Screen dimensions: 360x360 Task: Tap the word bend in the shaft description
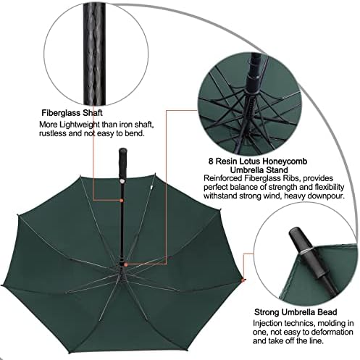[x=135, y=133]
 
